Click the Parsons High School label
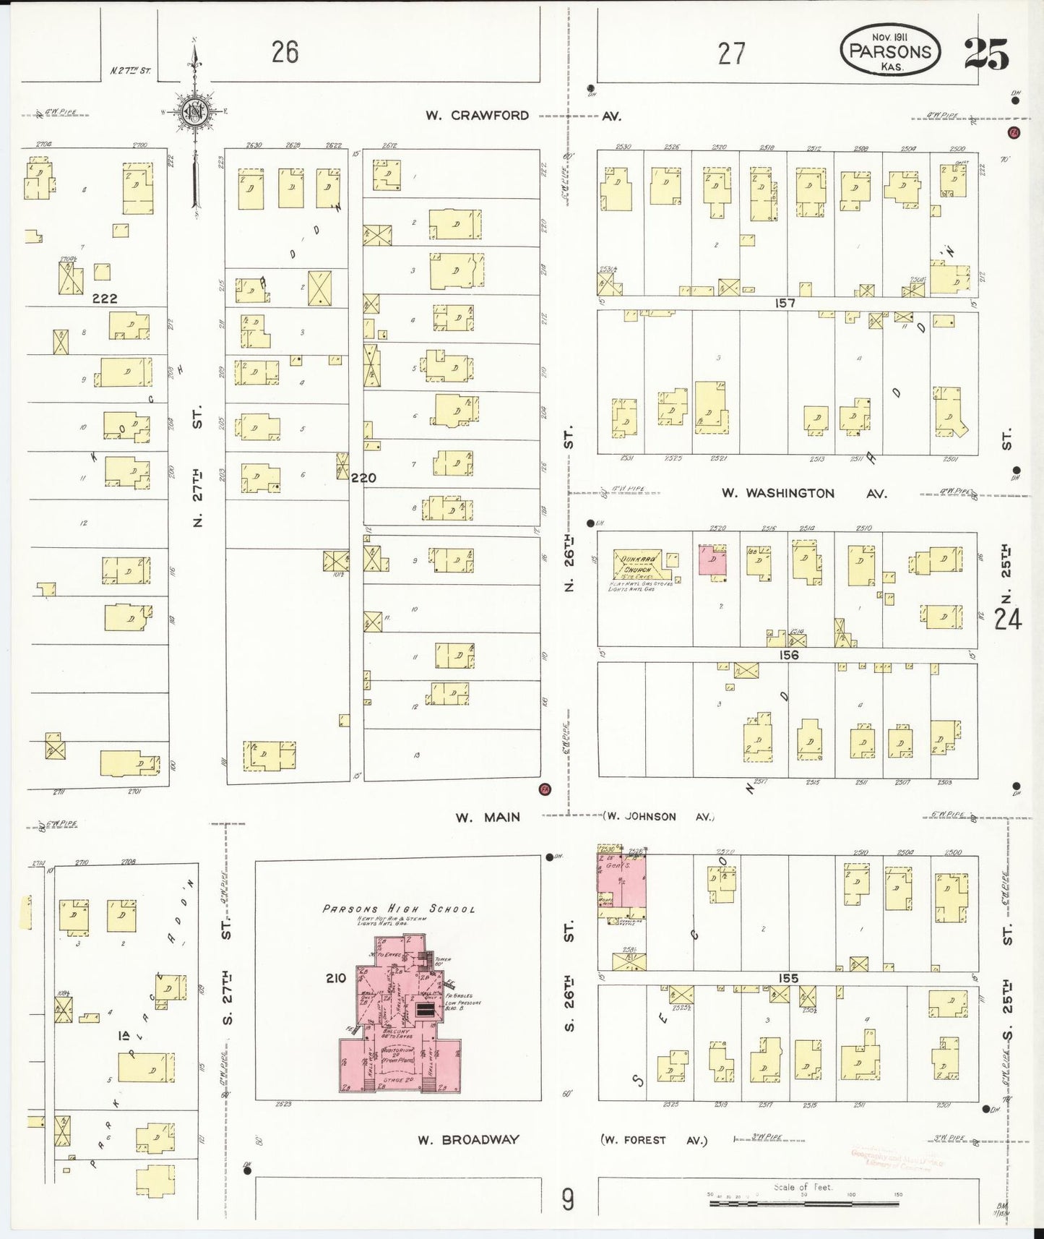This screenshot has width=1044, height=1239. pos(399,909)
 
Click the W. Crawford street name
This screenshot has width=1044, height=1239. pos(477,116)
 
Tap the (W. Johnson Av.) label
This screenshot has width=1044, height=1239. pos(657,817)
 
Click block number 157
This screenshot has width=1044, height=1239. pos(785,304)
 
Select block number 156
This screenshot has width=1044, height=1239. pos(788,655)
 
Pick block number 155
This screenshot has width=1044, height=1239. pos(788,978)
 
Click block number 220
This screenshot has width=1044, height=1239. pos(363,478)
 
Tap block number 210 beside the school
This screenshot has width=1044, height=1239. pos(336,978)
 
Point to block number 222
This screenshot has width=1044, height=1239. pos(104,298)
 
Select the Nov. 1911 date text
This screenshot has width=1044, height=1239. pos(889,36)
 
